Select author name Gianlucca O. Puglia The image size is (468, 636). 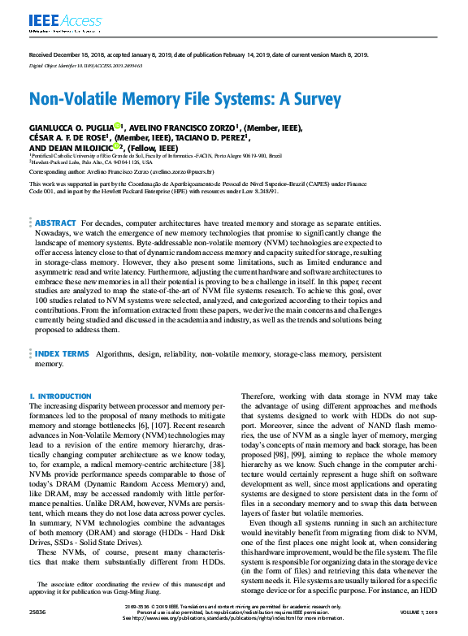[x=71, y=128]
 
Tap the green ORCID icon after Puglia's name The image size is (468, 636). [x=118, y=127]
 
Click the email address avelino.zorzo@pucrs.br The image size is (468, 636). [x=180, y=172]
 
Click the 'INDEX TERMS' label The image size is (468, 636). [x=62, y=355]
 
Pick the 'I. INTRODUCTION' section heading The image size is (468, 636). [x=61, y=396]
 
